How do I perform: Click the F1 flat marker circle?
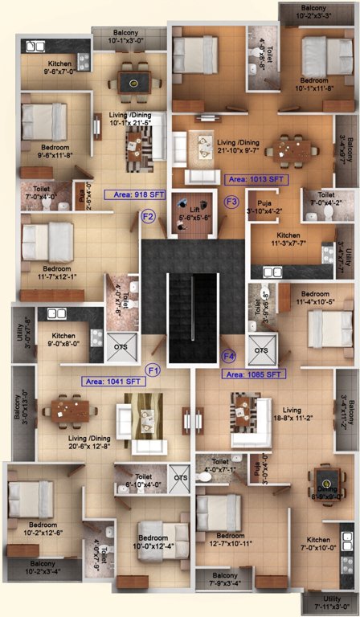tap(153, 370)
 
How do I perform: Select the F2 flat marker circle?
tap(148, 215)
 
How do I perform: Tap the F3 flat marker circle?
tap(232, 201)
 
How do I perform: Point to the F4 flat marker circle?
tap(229, 356)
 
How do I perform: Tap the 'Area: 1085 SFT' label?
tap(253, 374)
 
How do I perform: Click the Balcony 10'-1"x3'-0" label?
tap(118, 37)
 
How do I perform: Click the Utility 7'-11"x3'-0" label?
tap(330, 603)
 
